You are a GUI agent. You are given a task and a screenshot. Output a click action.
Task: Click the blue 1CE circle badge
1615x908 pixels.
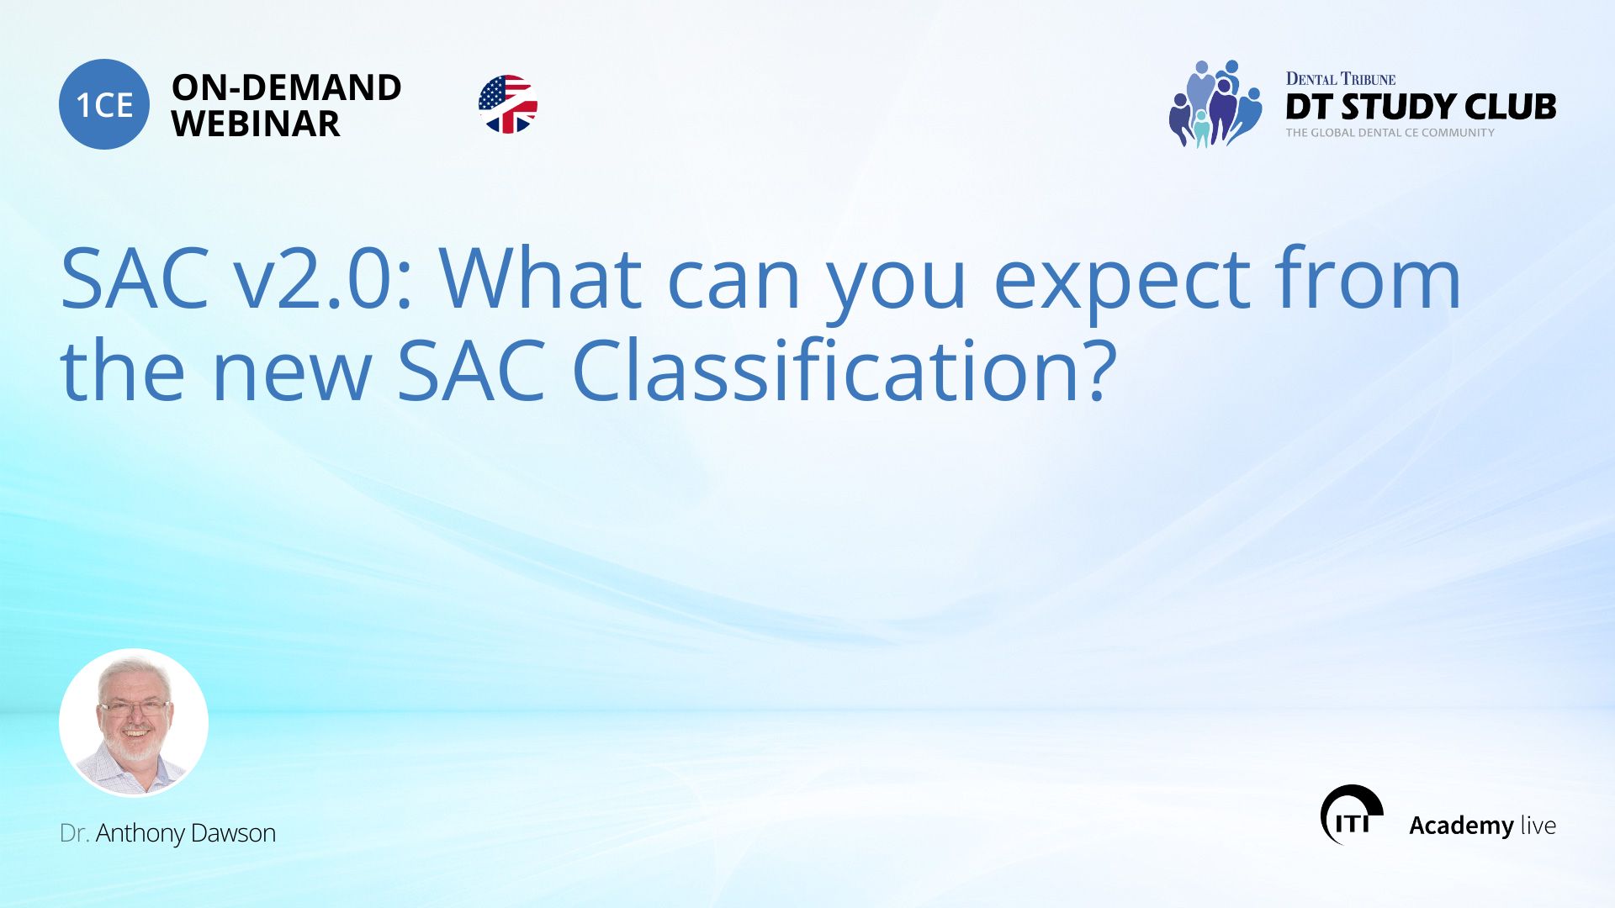point(104,104)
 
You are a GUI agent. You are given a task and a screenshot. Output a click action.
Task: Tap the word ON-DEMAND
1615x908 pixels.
point(286,87)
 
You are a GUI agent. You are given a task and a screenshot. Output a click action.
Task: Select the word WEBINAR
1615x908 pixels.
point(256,124)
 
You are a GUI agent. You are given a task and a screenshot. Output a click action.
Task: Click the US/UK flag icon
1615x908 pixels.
point(508,104)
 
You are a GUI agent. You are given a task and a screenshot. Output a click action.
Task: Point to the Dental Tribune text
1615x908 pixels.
point(1340,79)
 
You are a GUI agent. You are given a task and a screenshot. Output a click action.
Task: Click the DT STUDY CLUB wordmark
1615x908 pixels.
point(1420,107)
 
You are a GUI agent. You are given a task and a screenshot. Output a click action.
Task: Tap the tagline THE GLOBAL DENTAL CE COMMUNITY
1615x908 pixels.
point(1390,133)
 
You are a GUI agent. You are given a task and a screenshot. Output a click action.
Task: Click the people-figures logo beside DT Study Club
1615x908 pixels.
point(1215,104)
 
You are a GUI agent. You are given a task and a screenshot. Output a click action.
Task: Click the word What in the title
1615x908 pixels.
point(541,279)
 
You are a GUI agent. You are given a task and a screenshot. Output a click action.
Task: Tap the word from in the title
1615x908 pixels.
point(1368,279)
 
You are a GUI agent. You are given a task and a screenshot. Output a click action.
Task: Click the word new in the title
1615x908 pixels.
point(291,372)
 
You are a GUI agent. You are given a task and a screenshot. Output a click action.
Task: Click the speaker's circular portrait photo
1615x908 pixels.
point(134,722)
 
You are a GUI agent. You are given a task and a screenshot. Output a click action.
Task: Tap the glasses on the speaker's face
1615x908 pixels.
point(133,708)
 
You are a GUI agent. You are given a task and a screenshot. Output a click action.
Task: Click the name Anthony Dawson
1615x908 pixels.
point(185,833)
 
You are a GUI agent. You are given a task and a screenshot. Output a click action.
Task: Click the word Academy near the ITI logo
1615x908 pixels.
point(1461,826)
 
